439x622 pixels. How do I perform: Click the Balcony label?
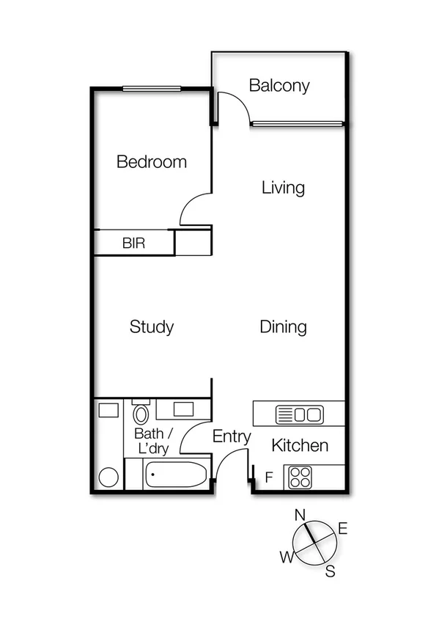(279, 86)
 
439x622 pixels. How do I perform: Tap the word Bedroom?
(152, 162)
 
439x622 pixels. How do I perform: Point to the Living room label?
(283, 188)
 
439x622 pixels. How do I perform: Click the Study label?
(152, 327)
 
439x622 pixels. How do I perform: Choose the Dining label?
(283, 327)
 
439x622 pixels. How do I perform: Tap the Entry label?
(232, 437)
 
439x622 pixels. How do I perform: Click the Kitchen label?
(300, 445)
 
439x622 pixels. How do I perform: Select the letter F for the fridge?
(269, 478)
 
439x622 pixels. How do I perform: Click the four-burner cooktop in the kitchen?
(300, 478)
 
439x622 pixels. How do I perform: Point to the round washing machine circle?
(108, 478)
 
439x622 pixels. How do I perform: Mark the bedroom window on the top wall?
(152, 89)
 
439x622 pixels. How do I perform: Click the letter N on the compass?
(299, 514)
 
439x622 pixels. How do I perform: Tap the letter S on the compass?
(331, 571)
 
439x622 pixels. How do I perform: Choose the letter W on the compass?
(284, 559)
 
